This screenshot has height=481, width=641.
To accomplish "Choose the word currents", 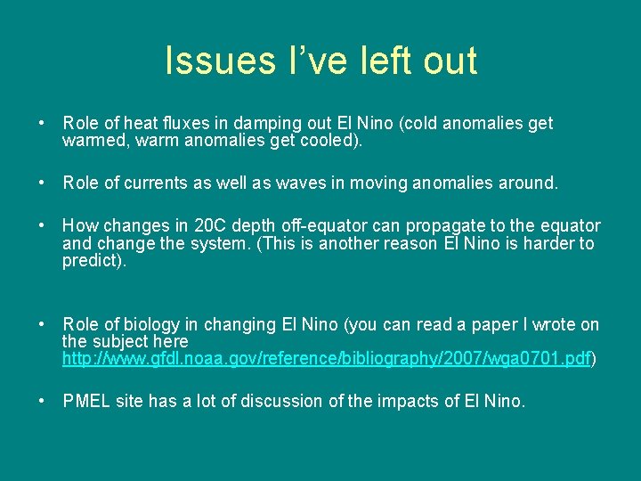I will click(158, 183).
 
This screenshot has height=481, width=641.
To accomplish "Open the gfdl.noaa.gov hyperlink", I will click(326, 359).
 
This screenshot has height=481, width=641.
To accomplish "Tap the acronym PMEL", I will click(87, 401).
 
